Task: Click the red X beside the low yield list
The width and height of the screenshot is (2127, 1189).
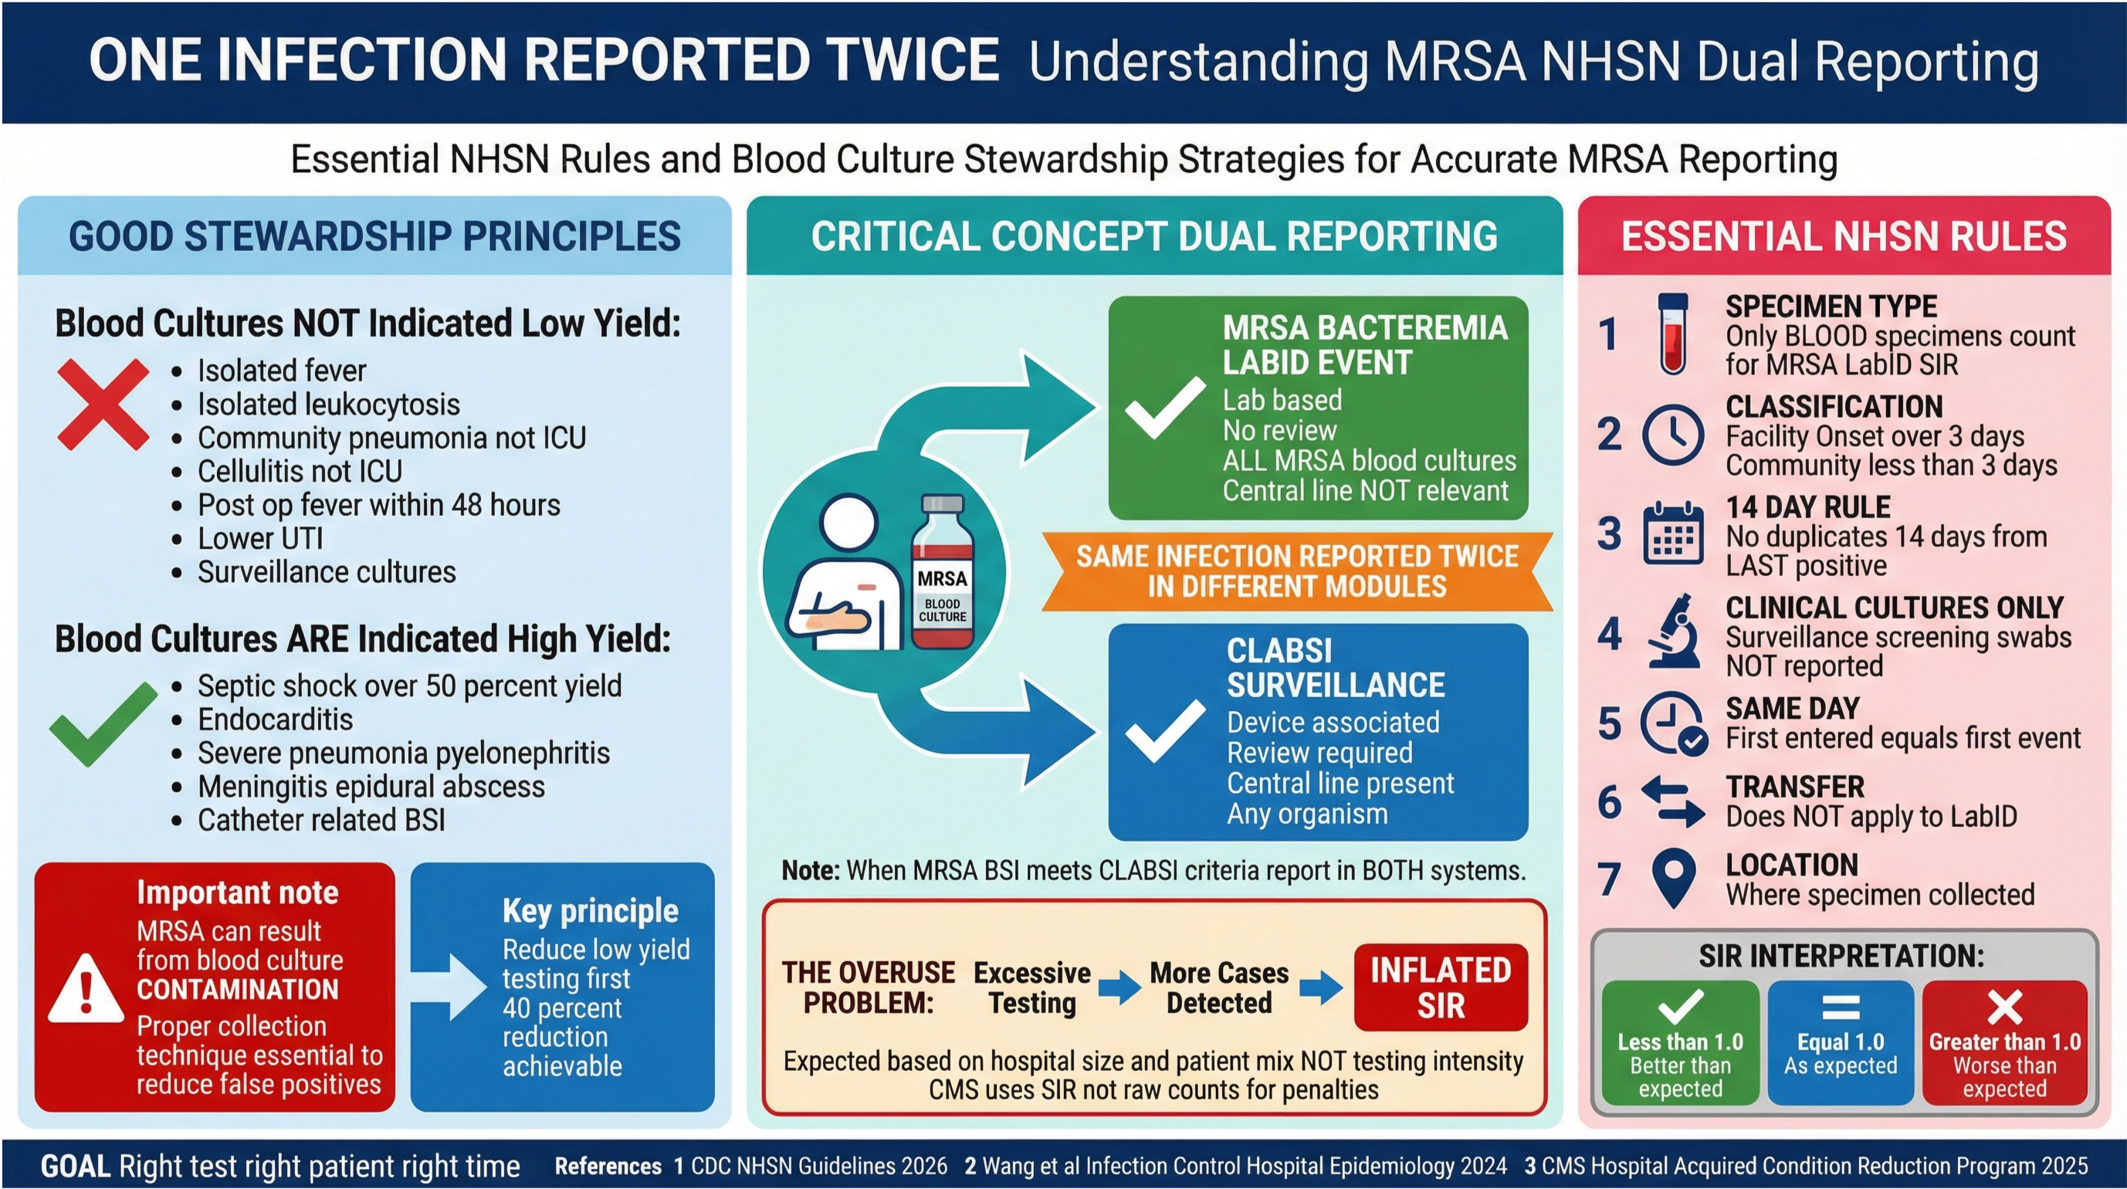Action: (103, 405)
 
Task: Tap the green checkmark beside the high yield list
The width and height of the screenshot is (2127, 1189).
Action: (103, 723)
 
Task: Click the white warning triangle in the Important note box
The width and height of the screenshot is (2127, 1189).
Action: (86, 987)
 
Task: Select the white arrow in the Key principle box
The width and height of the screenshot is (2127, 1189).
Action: (451, 987)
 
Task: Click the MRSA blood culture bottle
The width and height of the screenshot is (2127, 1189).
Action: (942, 573)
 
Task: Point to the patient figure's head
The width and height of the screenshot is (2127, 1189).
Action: (848, 523)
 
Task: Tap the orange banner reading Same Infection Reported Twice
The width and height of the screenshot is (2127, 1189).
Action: (1296, 571)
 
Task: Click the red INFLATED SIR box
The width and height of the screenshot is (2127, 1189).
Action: (1441, 987)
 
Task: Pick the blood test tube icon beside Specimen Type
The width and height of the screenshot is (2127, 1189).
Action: (1673, 334)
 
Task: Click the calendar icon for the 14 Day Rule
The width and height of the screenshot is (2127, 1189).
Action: (1673, 534)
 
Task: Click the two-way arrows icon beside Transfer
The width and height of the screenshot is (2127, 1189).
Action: (1673, 801)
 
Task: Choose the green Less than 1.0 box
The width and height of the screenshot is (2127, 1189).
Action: (1680, 1043)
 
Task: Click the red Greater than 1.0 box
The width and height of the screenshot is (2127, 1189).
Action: (2005, 1043)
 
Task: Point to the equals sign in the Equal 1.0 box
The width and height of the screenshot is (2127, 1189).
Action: (1841, 1008)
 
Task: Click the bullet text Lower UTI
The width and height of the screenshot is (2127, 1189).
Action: (260, 538)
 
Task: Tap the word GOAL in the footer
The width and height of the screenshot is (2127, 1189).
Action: (75, 1166)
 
